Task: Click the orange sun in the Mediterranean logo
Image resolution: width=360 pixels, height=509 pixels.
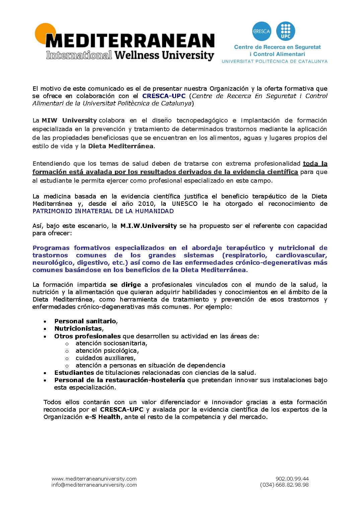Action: pos(42,32)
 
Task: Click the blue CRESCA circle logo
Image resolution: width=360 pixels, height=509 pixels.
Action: pos(262,31)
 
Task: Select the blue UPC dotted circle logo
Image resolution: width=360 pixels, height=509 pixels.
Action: pos(286,31)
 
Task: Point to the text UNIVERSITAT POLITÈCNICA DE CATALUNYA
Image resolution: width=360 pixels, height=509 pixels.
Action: pos(274,61)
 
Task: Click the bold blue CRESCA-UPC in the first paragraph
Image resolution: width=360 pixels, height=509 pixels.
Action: pos(164,96)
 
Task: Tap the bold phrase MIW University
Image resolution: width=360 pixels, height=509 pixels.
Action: pos(69,120)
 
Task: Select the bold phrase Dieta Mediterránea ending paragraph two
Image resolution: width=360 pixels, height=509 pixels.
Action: pos(121,146)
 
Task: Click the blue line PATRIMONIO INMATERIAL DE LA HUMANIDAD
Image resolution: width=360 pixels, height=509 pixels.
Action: pos(103,211)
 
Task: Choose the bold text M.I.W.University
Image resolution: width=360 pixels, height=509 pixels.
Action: pos(148,226)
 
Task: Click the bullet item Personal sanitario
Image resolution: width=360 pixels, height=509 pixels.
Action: pos(85,321)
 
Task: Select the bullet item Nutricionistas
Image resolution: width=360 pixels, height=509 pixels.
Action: pos(78,328)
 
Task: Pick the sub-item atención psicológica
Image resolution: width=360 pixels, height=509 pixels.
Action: pos(106,350)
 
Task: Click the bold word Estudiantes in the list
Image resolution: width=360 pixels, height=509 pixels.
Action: pos(74,372)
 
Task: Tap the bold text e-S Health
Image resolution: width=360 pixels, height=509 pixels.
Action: pos(102,417)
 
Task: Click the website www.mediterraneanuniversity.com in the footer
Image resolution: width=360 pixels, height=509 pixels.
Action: pos(94,479)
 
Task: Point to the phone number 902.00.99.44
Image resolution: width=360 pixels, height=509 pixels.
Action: pos(292,479)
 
